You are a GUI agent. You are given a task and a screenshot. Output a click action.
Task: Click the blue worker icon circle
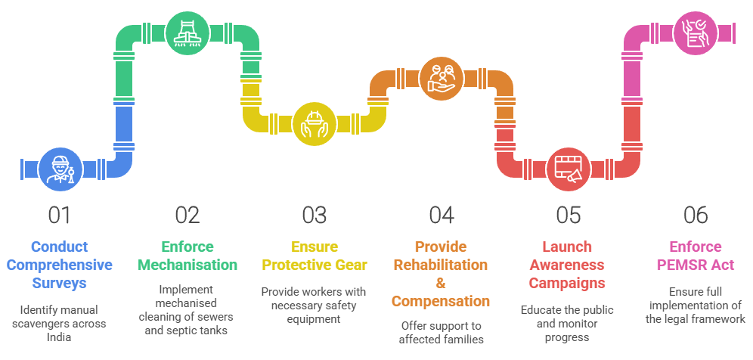coord(60,169)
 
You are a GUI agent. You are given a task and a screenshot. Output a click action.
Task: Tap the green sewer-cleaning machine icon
coord(187,33)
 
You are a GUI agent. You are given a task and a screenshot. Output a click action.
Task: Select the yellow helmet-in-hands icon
coord(314,123)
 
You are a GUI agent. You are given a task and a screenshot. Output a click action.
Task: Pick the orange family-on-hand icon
coord(442,79)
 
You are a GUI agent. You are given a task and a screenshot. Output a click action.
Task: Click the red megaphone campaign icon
coord(569,169)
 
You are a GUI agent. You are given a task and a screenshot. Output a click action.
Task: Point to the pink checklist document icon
coord(696,33)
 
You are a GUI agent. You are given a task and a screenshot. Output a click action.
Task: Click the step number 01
coord(60,216)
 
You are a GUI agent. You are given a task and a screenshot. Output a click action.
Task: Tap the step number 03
coord(314,216)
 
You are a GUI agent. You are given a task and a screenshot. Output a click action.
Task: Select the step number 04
coord(442,216)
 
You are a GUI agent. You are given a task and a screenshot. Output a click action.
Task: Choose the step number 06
coord(696,216)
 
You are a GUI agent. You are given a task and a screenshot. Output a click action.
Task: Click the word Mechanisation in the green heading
coord(187,265)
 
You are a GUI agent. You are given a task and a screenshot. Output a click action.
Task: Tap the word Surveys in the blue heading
coord(60,283)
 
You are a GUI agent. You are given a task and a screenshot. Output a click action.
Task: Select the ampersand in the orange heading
coord(441,283)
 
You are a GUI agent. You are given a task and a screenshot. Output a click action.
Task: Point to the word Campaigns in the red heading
coord(567,283)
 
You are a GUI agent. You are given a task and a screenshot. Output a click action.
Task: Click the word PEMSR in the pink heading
coord(682,265)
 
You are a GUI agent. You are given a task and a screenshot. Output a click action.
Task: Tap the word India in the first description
coord(59,337)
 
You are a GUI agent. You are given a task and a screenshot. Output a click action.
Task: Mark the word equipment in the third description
coord(314,319)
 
